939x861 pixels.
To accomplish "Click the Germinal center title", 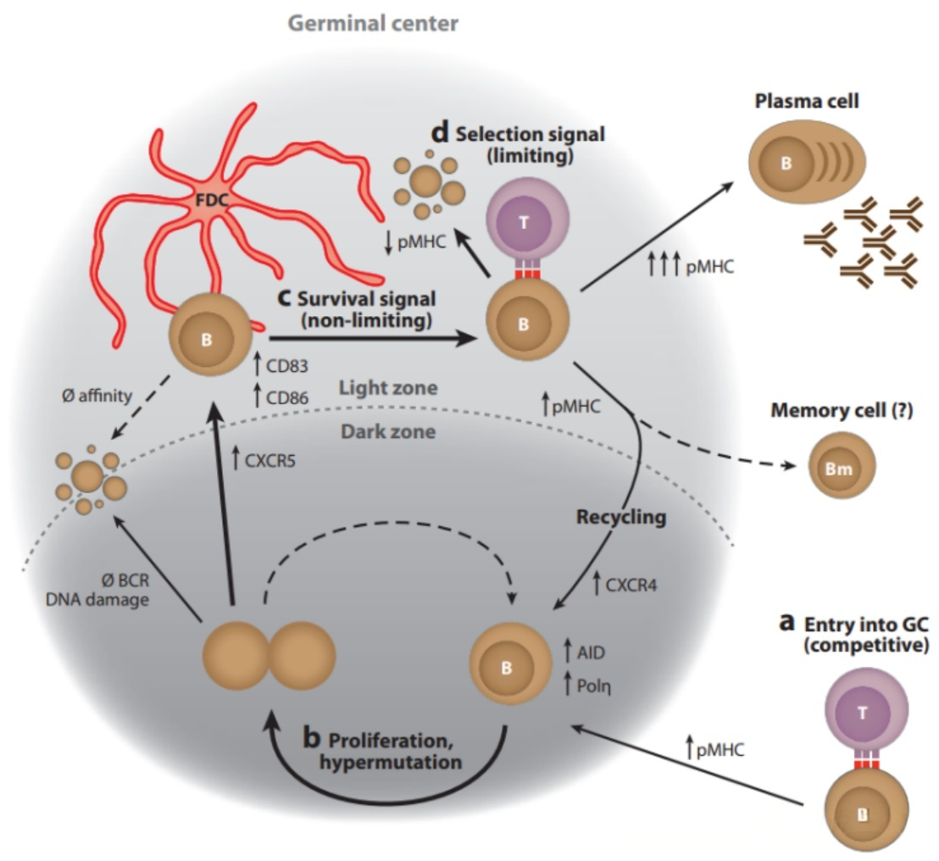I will [x=373, y=23].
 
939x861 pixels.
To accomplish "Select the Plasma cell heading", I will [x=807, y=102].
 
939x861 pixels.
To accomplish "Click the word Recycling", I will [x=622, y=517].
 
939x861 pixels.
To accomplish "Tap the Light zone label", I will [x=388, y=388].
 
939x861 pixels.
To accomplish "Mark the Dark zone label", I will [x=388, y=432].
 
